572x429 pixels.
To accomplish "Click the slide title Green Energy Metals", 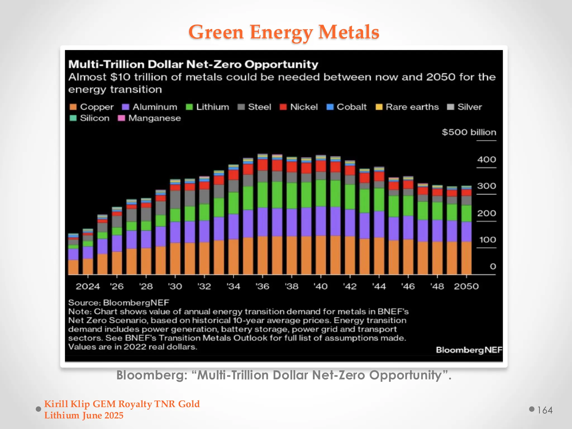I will tap(284, 32).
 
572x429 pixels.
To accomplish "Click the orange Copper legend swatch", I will tap(73, 107).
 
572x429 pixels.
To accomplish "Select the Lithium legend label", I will tap(212, 107).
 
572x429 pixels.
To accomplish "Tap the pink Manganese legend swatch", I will tap(121, 118).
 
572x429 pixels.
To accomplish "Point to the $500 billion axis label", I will tap(469, 132).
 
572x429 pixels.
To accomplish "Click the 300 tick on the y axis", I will tap(486, 186).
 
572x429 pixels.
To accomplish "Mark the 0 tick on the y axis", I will tap(493, 266).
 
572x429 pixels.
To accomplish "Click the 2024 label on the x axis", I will tap(88, 286).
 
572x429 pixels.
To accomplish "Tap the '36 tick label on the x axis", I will tap(262, 286).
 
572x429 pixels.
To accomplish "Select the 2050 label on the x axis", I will tap(466, 286).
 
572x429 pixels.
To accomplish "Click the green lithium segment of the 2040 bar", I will tap(321, 193).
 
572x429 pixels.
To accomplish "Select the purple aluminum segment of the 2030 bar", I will tap(175, 232).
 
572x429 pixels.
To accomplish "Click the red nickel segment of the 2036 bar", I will tap(262, 165).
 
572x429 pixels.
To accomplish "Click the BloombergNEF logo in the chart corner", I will tap(469, 350).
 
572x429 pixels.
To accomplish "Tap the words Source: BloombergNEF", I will tap(119, 303).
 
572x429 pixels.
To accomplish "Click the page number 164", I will tap(545, 410).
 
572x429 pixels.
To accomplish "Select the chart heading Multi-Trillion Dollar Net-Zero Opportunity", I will tap(193, 65).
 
